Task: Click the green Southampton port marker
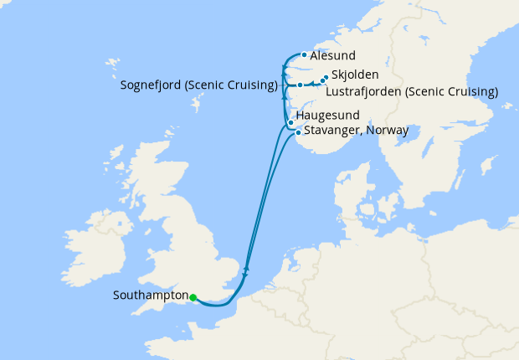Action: [193, 296]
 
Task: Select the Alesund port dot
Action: [304, 56]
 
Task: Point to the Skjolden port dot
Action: [326, 78]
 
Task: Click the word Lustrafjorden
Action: [363, 91]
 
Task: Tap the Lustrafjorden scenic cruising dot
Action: [321, 81]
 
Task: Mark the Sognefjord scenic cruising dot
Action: [300, 85]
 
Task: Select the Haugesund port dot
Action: [290, 123]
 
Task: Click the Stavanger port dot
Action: [298, 132]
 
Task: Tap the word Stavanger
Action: [333, 131]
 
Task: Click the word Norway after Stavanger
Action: [388, 131]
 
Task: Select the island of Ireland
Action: [84, 251]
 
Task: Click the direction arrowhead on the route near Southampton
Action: [245, 270]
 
